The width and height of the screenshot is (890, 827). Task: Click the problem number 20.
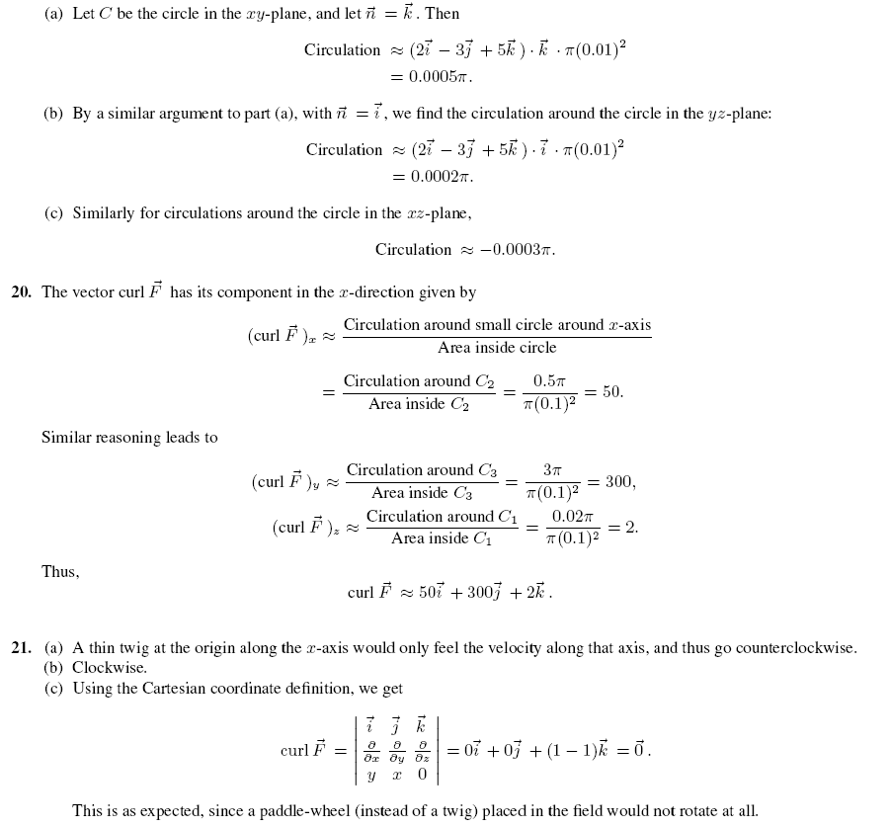coord(21,292)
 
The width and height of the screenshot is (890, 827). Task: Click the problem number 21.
coord(21,648)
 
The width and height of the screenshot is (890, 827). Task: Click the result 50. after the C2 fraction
coord(612,392)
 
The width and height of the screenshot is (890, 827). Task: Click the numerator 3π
coord(552,470)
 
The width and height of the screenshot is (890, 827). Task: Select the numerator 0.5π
coord(549,381)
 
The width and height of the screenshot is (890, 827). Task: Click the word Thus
coord(60,572)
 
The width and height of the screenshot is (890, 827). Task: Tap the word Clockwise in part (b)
coord(109,668)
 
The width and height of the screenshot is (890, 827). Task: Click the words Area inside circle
coord(497,348)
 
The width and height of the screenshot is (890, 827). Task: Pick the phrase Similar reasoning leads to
coord(129,438)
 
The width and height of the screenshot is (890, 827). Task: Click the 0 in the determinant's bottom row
coord(422,775)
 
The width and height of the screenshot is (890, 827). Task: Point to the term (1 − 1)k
coord(566,750)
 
